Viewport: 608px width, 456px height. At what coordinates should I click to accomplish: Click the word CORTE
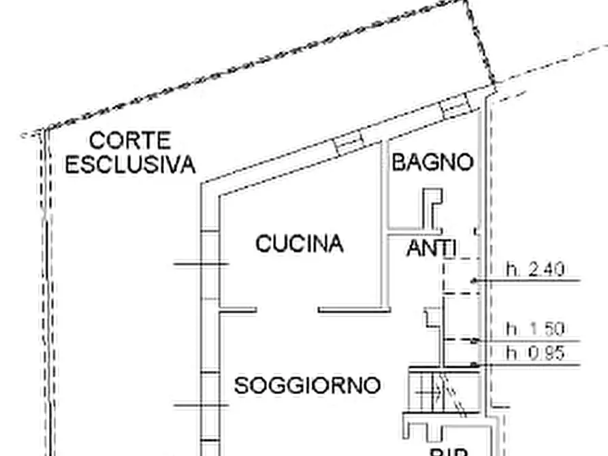click(x=130, y=141)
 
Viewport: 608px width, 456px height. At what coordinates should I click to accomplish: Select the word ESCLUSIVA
click(x=130, y=164)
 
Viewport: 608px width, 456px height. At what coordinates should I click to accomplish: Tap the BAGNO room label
click(x=432, y=163)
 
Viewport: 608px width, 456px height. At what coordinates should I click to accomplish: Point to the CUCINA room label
click(x=300, y=243)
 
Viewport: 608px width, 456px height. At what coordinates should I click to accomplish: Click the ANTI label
click(x=432, y=248)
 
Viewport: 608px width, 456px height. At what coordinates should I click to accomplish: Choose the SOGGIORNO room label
click(x=307, y=385)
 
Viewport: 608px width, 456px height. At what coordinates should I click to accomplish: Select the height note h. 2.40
click(x=534, y=270)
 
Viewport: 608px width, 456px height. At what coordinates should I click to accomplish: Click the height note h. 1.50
click(x=534, y=329)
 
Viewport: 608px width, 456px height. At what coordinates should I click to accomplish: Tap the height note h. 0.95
click(x=534, y=353)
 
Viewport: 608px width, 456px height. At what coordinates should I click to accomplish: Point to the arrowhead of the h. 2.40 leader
click(x=474, y=280)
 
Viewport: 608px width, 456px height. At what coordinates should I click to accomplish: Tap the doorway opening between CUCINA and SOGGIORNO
click(x=287, y=310)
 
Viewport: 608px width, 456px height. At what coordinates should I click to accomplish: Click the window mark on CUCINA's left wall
click(x=201, y=263)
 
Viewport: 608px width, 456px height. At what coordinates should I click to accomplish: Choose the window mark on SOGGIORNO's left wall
click(x=201, y=406)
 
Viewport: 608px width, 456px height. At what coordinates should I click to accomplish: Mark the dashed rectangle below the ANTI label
click(x=460, y=276)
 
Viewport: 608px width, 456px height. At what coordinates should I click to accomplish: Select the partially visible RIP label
click(x=446, y=451)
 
